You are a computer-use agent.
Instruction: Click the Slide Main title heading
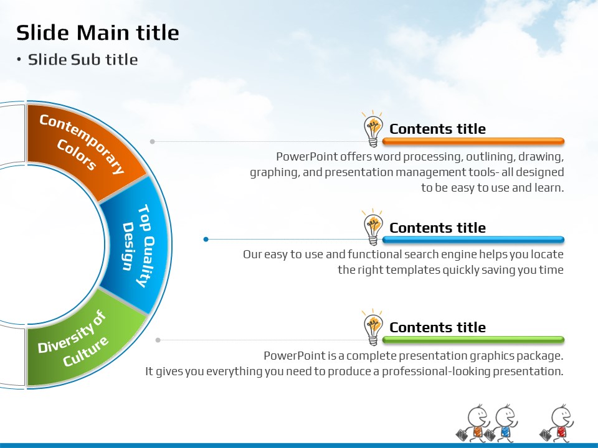[x=98, y=32]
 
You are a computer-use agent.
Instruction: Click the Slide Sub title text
[x=83, y=60]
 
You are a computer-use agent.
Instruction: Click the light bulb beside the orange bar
[x=373, y=129]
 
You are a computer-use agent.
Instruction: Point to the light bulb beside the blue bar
[x=373, y=227]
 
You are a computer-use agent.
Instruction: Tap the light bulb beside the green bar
[x=373, y=327]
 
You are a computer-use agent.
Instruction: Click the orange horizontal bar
[x=473, y=141]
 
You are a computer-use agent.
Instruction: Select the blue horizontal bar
[x=473, y=240]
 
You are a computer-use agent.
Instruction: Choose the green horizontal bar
[x=473, y=340]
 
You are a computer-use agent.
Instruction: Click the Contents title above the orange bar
[x=437, y=129]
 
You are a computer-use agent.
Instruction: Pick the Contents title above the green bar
[x=437, y=327]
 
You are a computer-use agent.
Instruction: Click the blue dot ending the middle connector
[x=206, y=239]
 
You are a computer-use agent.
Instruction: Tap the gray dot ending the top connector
[x=153, y=141]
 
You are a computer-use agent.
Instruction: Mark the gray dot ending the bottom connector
[x=158, y=340]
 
